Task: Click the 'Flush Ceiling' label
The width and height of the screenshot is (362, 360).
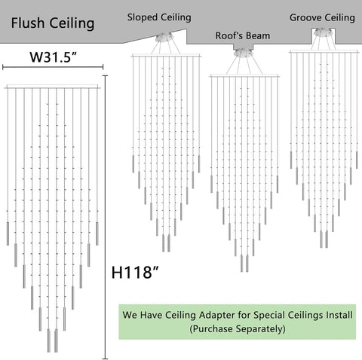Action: pos(53,23)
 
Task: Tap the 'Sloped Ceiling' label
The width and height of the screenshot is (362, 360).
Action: pos(159,17)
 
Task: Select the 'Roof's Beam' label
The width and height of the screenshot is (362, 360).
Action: pos(243,35)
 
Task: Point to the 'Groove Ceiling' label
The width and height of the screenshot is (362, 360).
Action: pos(322,18)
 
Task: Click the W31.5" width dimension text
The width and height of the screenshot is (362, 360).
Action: pos(53,57)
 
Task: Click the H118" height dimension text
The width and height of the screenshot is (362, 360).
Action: pos(135,272)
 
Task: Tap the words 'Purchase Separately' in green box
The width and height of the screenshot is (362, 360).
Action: pos(238,328)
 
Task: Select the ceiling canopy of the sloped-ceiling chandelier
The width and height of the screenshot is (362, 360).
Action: pos(164,38)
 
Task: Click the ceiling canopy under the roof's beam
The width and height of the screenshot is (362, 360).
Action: pos(243,53)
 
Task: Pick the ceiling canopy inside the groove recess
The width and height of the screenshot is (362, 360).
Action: pos(323,32)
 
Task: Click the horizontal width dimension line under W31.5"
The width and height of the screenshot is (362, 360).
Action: pos(53,67)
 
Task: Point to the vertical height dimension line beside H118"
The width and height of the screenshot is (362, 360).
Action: pos(106,217)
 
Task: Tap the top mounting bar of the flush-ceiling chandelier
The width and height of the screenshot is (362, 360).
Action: pos(52,87)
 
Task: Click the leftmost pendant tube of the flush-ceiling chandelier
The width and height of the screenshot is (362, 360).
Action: pos(8,233)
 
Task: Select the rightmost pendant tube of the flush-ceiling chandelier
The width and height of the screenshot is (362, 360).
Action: pos(97,233)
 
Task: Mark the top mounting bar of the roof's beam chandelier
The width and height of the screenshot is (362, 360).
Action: pos(244,75)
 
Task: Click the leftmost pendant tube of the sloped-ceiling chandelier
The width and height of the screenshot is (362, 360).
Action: pos(133,164)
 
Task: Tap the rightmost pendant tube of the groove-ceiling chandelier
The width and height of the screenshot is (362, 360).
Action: pos(357,160)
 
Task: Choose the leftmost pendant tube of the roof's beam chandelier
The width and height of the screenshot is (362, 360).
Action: pos(211,184)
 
